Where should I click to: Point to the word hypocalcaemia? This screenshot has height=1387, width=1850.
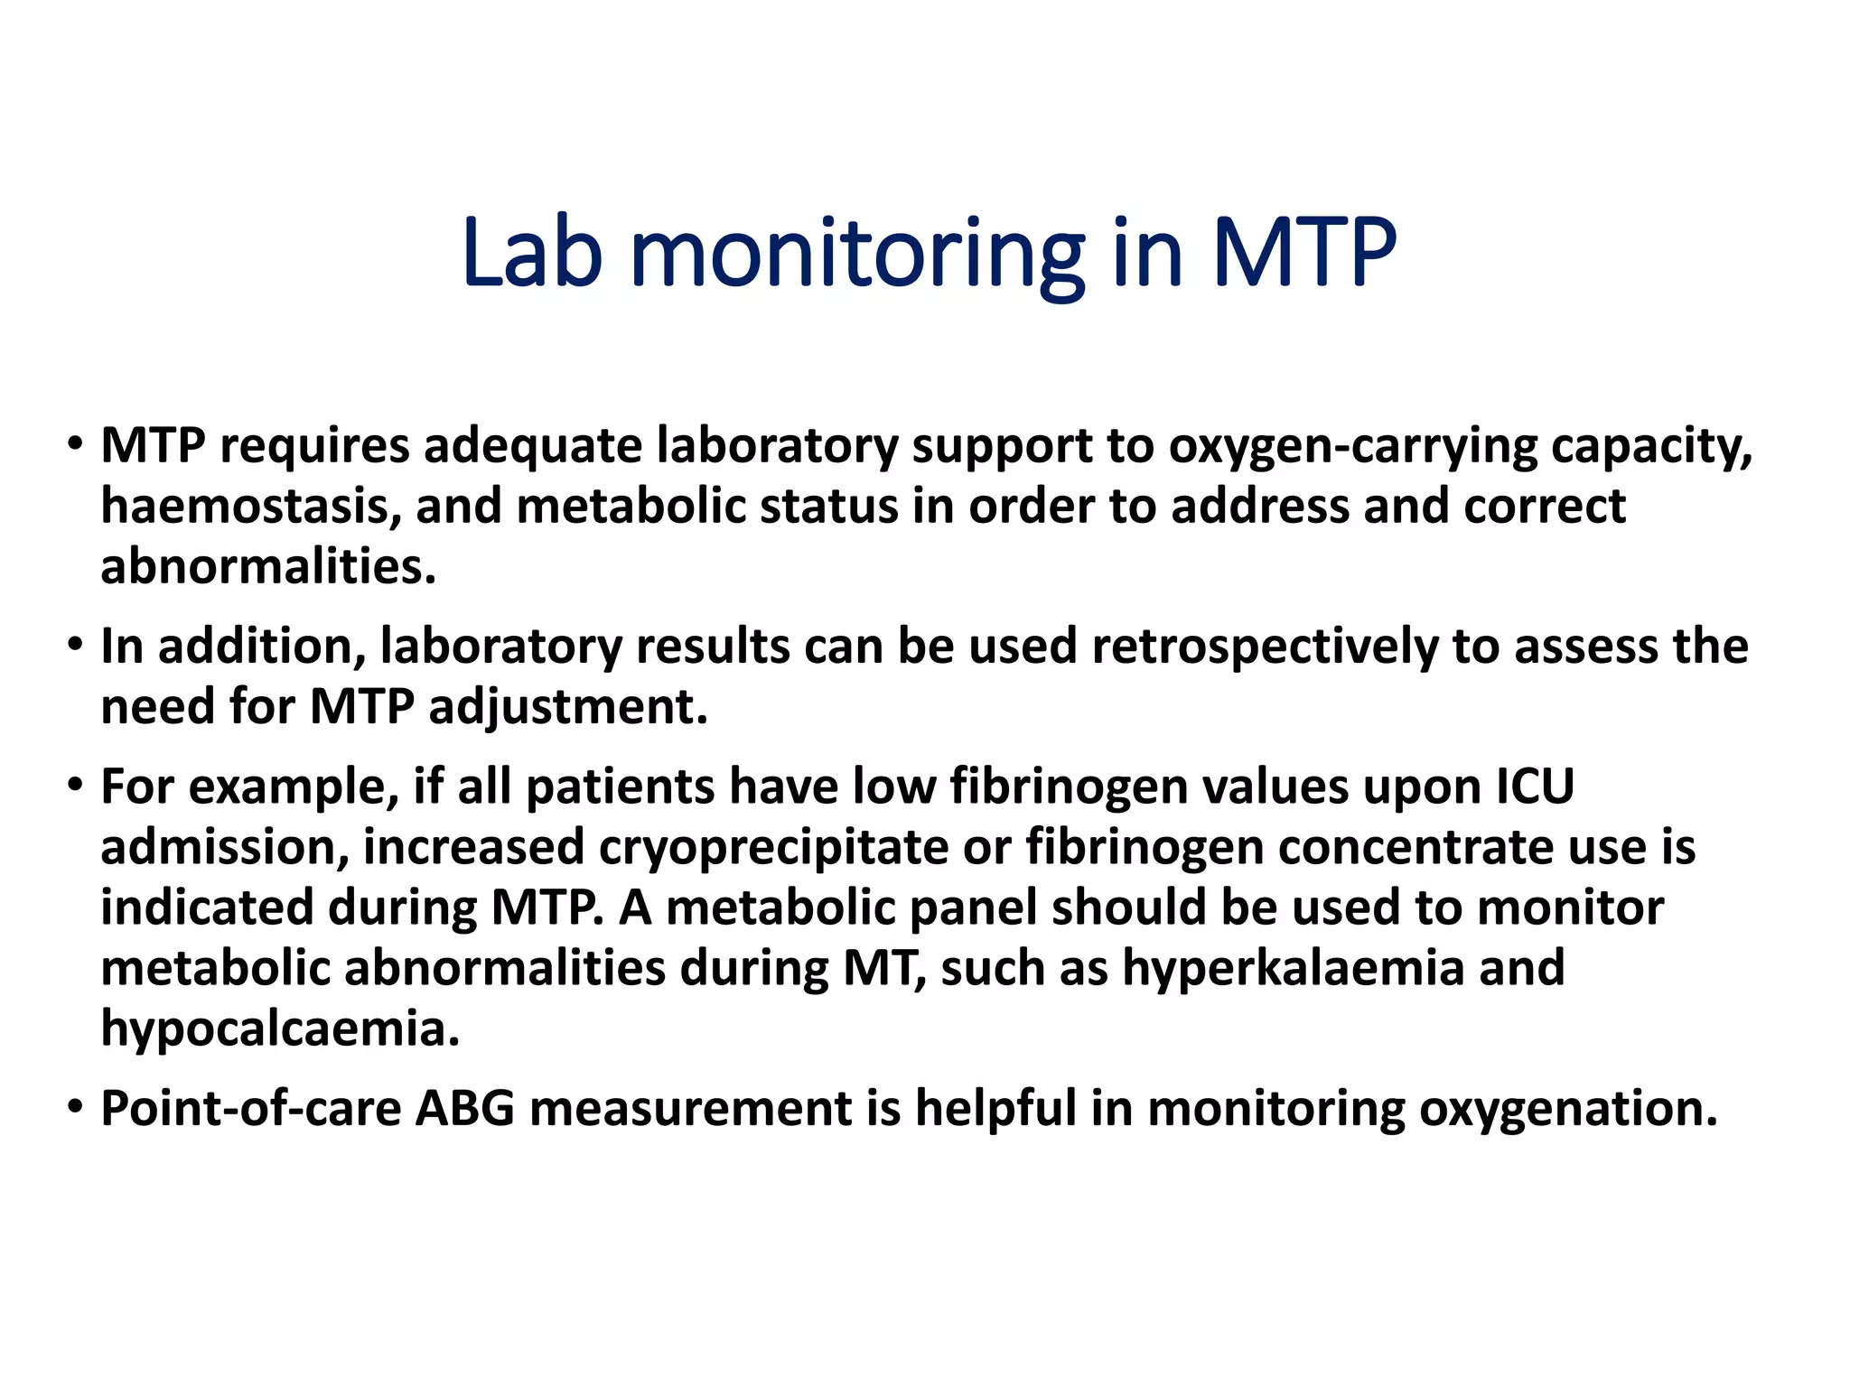(280, 1028)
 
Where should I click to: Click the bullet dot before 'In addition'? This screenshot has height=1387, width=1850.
(75, 646)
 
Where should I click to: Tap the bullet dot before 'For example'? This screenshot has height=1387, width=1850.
(75, 786)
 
